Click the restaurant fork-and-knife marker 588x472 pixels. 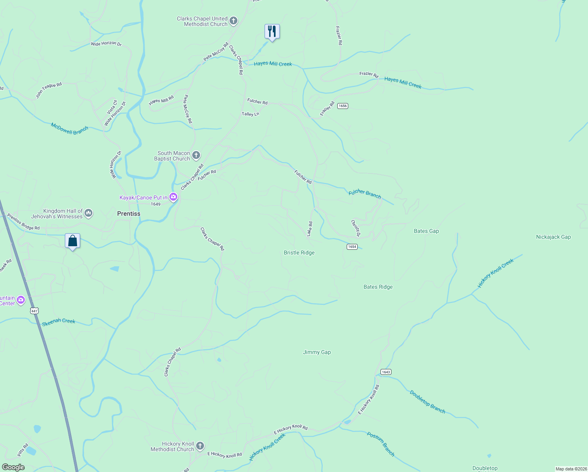click(272, 31)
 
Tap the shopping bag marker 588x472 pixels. click(73, 241)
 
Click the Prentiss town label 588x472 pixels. click(129, 214)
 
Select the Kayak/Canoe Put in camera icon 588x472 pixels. click(173, 197)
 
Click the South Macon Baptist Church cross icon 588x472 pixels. click(196, 156)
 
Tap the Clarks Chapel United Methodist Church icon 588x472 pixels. click(233, 21)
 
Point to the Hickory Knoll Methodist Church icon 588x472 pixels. click(200, 446)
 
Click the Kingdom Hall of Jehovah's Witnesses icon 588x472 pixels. click(88, 214)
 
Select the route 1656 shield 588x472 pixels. click(343, 106)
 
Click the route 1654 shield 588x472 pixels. click(352, 247)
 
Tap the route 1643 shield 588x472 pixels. click(386, 372)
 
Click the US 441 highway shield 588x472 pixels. click(35, 311)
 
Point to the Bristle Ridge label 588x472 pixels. click(299, 253)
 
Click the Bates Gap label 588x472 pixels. click(426, 231)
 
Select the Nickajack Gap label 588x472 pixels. click(553, 237)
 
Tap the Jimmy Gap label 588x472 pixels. click(317, 352)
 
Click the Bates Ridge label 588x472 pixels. click(378, 287)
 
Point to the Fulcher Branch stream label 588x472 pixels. click(365, 194)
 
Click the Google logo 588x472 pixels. click(13, 467)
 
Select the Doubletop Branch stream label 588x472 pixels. click(427, 402)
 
